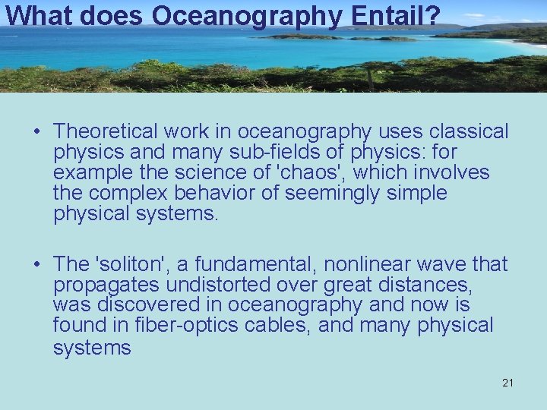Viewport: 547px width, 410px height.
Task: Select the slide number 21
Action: coord(507,383)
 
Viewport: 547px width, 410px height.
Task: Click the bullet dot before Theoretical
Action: coord(36,132)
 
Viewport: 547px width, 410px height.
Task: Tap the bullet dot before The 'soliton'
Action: coord(36,265)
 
